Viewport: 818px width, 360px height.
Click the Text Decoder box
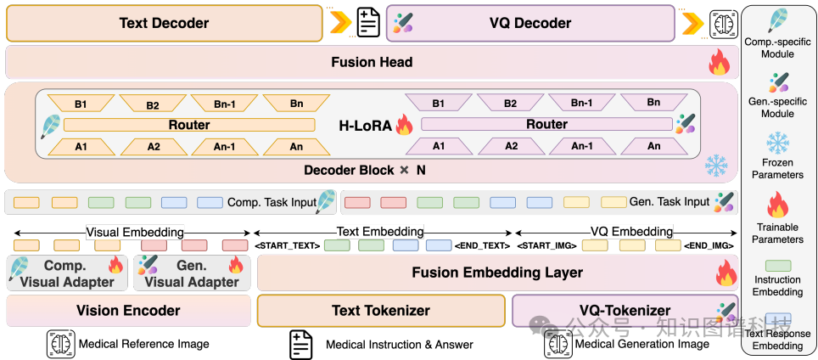click(x=164, y=23)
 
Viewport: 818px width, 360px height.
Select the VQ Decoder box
click(x=530, y=23)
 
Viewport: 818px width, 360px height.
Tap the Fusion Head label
click(x=372, y=62)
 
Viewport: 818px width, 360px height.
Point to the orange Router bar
click(x=188, y=125)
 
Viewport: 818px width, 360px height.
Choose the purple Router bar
click(x=546, y=124)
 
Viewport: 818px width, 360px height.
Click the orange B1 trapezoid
click(x=81, y=104)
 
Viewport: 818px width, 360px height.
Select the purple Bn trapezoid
click(x=653, y=103)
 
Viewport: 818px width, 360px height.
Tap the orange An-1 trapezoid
click(x=225, y=146)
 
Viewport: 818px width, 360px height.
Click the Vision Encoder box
click(x=128, y=311)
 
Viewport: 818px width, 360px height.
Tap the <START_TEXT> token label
click(x=287, y=245)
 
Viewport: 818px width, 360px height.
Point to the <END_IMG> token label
click(x=709, y=245)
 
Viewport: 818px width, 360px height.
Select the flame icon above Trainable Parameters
click(x=777, y=205)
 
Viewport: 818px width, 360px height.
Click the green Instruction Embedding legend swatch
click(x=777, y=266)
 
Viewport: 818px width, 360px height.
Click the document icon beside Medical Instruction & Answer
click(x=301, y=344)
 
